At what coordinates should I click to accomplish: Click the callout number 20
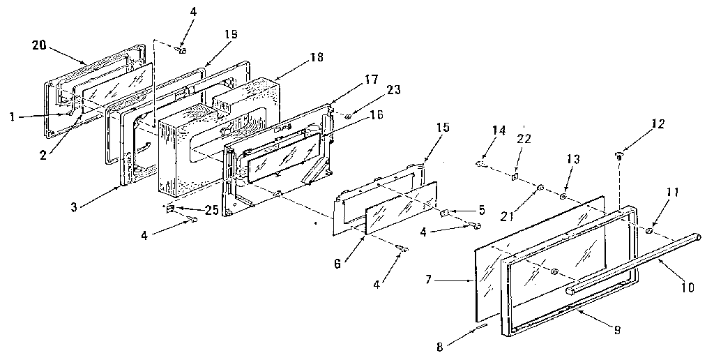click(x=39, y=45)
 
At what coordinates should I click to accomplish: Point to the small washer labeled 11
click(x=649, y=231)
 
